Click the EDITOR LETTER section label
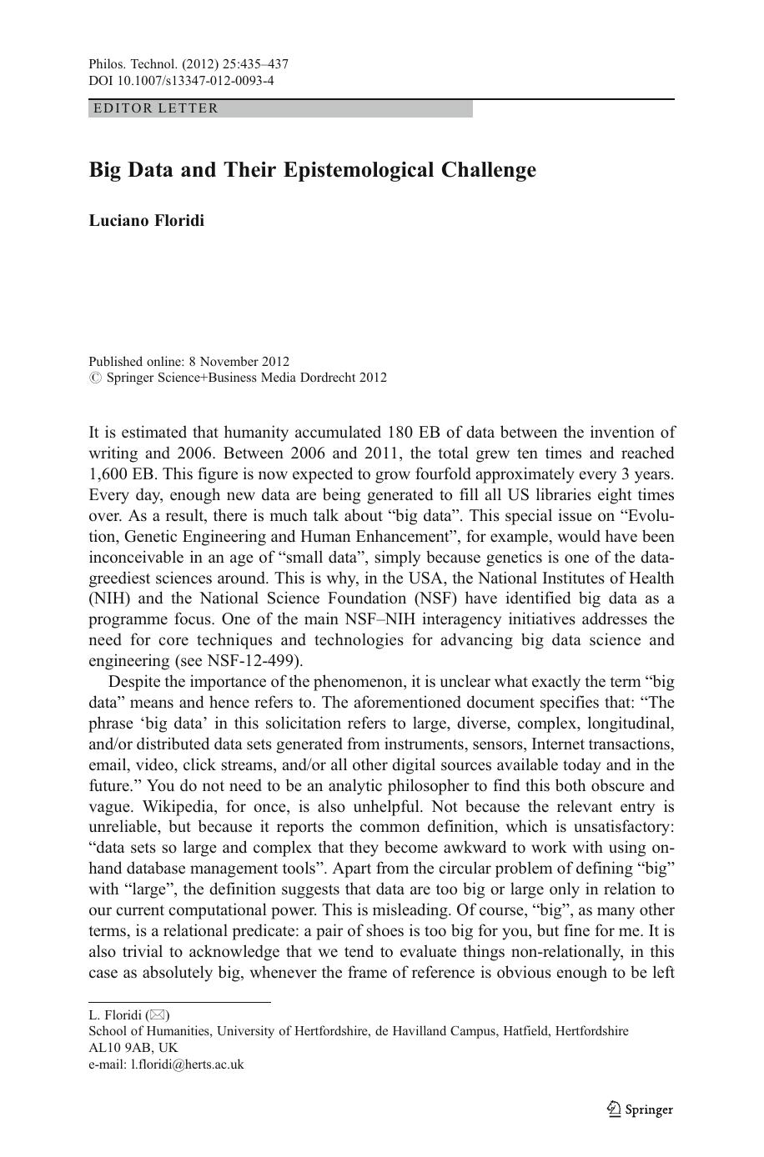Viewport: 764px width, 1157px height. coord(156,108)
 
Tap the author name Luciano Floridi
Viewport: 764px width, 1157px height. coord(146,221)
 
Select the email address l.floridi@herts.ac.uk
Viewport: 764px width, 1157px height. coord(187,1064)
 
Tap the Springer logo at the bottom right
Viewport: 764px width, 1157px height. coord(639,1109)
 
